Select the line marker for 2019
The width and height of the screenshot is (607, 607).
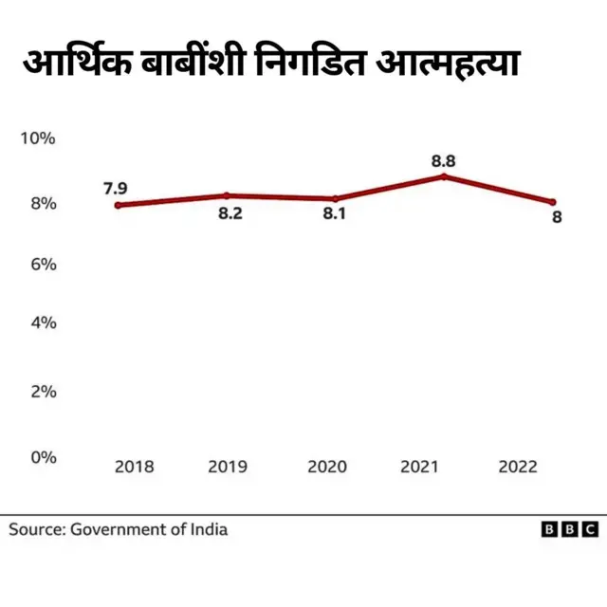(x=227, y=195)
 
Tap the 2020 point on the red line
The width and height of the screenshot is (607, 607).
(x=335, y=198)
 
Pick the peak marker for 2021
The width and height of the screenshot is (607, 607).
(x=443, y=176)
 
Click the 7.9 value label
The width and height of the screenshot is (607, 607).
(x=116, y=188)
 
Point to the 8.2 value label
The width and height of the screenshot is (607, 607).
(x=230, y=213)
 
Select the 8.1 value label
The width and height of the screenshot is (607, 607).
(x=334, y=214)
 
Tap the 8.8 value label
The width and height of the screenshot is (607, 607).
(x=443, y=160)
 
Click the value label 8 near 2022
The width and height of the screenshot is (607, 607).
(x=557, y=217)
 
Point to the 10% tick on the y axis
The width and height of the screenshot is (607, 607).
(x=39, y=138)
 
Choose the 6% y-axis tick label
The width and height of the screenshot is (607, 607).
(x=43, y=264)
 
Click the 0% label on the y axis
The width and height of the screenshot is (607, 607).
(x=43, y=456)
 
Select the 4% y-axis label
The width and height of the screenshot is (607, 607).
(x=43, y=322)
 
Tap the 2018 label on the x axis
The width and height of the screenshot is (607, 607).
(x=134, y=467)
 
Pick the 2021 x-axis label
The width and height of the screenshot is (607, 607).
(x=420, y=467)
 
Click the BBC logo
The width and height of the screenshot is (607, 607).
(x=569, y=529)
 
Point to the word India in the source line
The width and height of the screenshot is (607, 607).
(x=209, y=529)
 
